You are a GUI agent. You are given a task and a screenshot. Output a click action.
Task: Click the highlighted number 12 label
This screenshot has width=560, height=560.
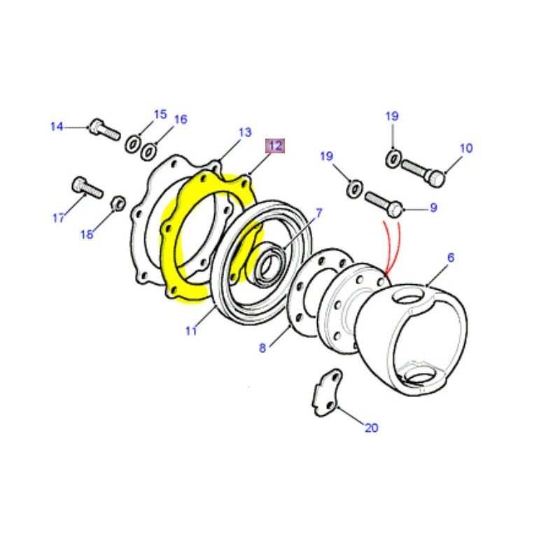coord(274,146)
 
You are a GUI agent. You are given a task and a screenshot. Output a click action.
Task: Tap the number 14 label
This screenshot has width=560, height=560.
coord(57,127)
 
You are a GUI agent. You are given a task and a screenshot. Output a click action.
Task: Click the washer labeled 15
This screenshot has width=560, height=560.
coord(132,145)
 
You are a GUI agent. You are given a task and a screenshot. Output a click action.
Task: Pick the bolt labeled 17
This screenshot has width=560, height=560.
coord(87,188)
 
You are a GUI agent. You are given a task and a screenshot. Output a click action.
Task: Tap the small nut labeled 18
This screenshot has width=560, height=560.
coord(119,204)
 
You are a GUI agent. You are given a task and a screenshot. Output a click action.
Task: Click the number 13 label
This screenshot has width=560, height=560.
coord(244,132)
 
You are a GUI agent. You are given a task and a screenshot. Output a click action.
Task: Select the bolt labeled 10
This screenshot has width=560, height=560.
coord(424,172)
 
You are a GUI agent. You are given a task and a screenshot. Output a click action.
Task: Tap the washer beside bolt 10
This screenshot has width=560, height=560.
coord(393,160)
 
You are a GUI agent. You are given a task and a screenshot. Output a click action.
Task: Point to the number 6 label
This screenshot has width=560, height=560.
coord(450,258)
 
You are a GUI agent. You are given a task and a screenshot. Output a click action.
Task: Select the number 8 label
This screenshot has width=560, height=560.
coord(262,348)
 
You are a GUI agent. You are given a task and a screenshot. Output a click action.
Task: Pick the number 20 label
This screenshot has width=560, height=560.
coord(371,428)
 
